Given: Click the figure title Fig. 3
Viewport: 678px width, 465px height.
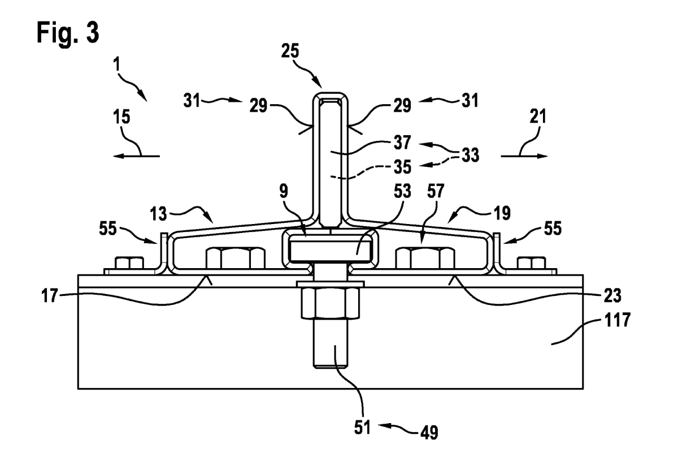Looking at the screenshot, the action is tap(68, 33).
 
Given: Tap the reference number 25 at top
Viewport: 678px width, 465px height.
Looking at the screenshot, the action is tap(290, 50).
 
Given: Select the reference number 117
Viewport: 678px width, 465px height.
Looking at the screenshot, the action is tap(617, 320).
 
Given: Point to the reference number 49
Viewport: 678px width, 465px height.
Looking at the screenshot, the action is tap(429, 432).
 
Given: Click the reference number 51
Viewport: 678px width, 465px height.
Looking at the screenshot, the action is tap(362, 428).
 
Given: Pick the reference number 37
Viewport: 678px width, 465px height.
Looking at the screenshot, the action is tap(402, 142).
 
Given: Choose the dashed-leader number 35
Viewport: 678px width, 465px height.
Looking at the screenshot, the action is tap(402, 167).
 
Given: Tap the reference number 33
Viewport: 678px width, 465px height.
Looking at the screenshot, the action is tap(470, 155).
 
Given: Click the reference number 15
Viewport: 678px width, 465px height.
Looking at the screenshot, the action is tap(121, 117).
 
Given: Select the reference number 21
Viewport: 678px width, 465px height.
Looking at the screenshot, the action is tap(538, 117).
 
